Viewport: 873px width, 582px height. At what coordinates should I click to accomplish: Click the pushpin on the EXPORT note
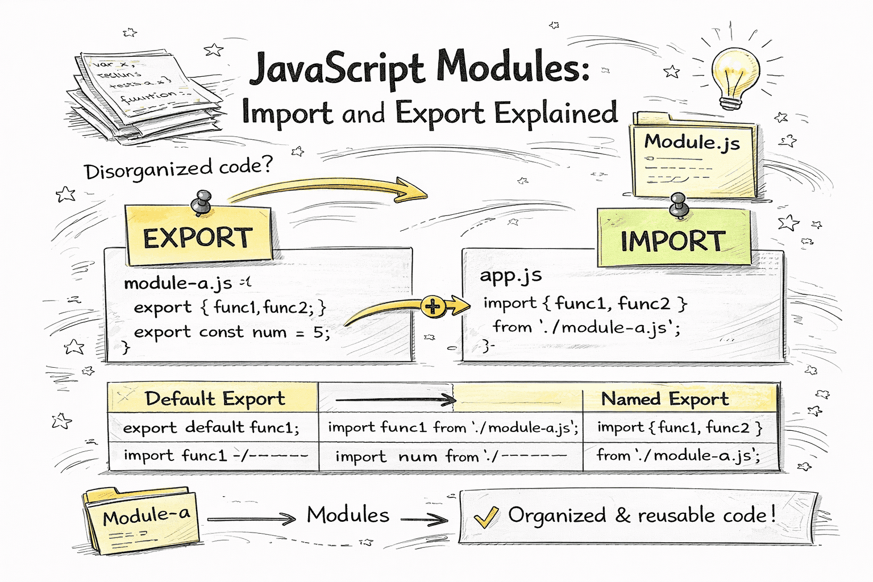point(201,202)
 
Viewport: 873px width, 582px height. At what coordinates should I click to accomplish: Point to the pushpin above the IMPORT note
point(679,205)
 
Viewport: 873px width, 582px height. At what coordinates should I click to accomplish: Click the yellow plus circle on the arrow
point(433,307)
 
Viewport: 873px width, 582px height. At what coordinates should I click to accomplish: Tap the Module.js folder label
point(692,142)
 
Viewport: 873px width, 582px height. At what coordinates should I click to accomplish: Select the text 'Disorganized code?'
point(178,168)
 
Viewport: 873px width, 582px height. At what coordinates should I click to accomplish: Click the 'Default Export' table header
point(214,398)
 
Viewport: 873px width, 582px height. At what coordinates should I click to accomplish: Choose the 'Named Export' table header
point(665,399)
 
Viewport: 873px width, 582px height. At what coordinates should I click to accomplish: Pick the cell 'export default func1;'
point(211,427)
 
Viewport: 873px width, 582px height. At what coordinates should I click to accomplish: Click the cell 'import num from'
point(407,456)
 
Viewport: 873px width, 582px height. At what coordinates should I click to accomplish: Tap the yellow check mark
point(486,517)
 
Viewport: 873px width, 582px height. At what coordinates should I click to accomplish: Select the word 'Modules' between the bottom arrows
point(348,515)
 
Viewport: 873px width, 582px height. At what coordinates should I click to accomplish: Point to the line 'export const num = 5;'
point(232,332)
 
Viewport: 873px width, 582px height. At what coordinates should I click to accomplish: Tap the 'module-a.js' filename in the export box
point(178,282)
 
